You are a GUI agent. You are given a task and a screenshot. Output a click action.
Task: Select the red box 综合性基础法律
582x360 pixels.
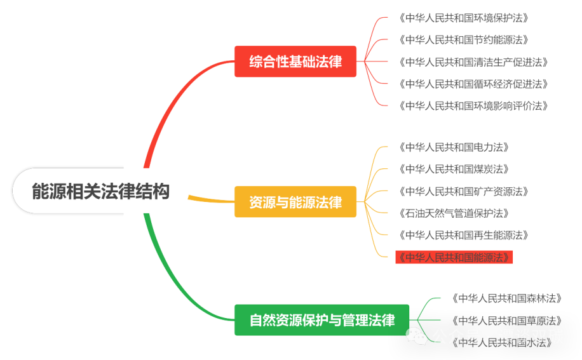[x=295, y=62]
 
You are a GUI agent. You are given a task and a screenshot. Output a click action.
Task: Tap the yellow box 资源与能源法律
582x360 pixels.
[x=295, y=202]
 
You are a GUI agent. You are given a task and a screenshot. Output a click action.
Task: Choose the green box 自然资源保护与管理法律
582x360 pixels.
[x=321, y=320]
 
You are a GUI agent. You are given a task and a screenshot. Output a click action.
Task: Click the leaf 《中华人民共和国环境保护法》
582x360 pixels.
[x=464, y=18]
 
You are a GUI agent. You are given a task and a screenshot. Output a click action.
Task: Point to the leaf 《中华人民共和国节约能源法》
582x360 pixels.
[x=464, y=40]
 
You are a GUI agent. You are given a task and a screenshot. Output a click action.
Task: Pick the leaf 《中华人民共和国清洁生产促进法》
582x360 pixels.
[x=473, y=62]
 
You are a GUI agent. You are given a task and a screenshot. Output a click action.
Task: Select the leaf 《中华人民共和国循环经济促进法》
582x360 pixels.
[x=473, y=84]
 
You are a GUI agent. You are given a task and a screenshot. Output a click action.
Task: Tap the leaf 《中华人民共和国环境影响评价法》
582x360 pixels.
[x=473, y=105]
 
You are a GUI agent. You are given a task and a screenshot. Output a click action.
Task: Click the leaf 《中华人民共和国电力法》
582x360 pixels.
[x=454, y=147]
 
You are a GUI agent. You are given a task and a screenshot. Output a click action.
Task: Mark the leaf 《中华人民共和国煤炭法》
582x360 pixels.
[x=454, y=169]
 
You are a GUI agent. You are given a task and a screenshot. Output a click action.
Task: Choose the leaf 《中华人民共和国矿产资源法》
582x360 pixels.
[x=464, y=191]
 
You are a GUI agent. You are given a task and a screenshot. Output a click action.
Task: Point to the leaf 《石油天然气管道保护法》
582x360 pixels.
[x=454, y=213]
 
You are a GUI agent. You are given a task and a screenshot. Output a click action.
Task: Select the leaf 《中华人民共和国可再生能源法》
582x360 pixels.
[x=464, y=235]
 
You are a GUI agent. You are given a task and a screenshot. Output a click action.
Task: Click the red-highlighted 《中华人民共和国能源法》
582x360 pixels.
[x=454, y=257]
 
